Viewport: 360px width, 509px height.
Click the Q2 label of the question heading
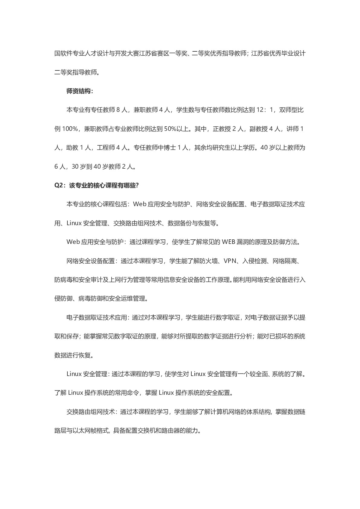(60, 186)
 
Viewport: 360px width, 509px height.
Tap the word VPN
(230, 261)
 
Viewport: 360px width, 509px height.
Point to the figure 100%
(70, 129)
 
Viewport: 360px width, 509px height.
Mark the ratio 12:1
(265, 110)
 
